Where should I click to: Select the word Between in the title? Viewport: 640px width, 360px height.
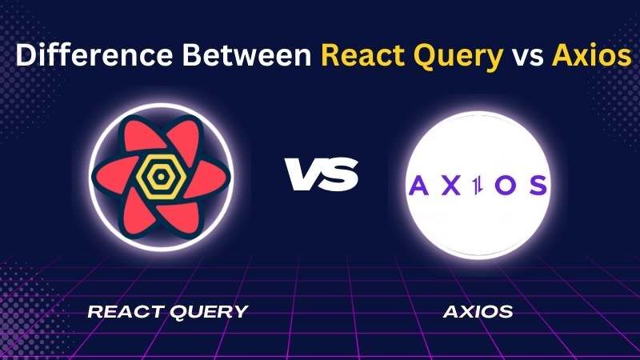[247, 54]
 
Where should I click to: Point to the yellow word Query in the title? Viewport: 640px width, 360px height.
[458, 57]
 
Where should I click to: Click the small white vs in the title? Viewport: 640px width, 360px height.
[528, 58]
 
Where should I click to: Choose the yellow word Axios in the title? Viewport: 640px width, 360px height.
[592, 54]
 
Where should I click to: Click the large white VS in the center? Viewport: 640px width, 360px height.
[322, 174]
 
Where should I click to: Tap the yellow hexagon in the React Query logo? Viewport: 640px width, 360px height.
[161, 177]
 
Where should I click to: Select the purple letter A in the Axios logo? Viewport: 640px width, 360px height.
[418, 186]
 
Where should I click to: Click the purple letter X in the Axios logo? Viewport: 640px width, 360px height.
[451, 186]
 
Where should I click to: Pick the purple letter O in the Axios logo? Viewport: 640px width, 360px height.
[506, 186]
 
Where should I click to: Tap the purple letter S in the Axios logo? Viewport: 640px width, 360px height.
[538, 186]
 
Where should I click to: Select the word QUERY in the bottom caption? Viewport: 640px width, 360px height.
[209, 312]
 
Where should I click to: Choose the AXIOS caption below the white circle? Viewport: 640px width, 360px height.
[478, 312]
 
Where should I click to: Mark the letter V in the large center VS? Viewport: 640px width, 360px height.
[304, 174]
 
